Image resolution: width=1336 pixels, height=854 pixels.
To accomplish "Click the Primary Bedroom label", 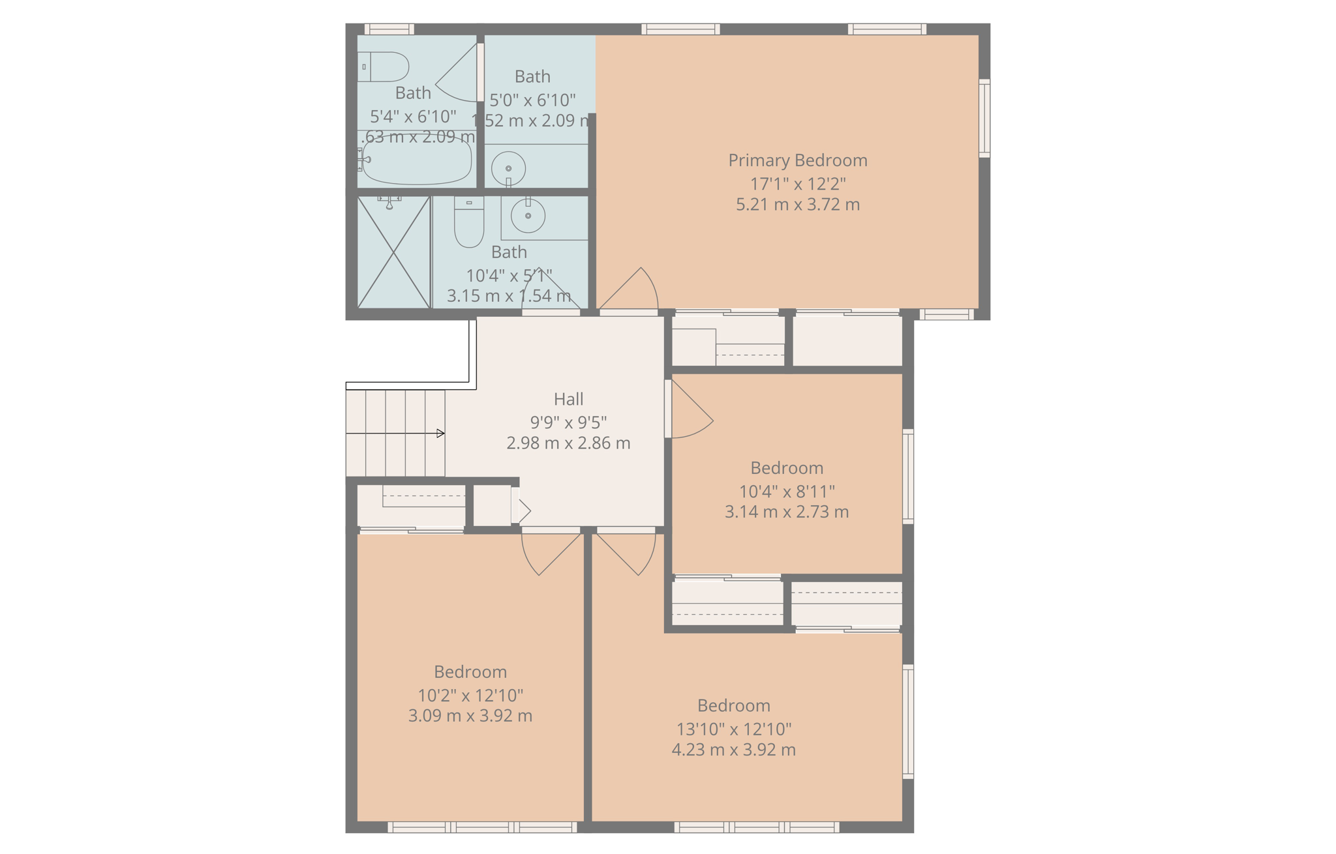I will (x=797, y=160).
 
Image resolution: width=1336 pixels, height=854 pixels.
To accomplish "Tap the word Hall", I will (x=568, y=399).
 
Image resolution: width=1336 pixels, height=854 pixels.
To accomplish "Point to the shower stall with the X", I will (x=394, y=252).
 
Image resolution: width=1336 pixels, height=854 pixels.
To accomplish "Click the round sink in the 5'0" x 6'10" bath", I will (x=508, y=168).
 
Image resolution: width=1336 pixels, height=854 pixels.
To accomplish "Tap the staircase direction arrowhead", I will (x=441, y=434).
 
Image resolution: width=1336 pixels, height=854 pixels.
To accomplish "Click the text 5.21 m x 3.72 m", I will (x=797, y=205).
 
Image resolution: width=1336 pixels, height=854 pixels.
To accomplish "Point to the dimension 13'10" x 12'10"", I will (x=734, y=729).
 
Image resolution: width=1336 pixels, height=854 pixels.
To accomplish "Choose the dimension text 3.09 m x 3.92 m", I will (x=470, y=716).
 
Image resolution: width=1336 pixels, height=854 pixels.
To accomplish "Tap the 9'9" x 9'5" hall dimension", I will (x=568, y=422).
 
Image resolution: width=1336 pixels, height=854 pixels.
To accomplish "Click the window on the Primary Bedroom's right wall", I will (x=984, y=118).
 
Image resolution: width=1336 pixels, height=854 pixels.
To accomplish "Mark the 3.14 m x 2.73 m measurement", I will (x=787, y=512).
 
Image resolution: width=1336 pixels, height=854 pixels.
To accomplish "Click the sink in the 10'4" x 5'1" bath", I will (x=528, y=215).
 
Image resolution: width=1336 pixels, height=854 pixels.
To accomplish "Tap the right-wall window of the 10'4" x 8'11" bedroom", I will (x=907, y=476).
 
